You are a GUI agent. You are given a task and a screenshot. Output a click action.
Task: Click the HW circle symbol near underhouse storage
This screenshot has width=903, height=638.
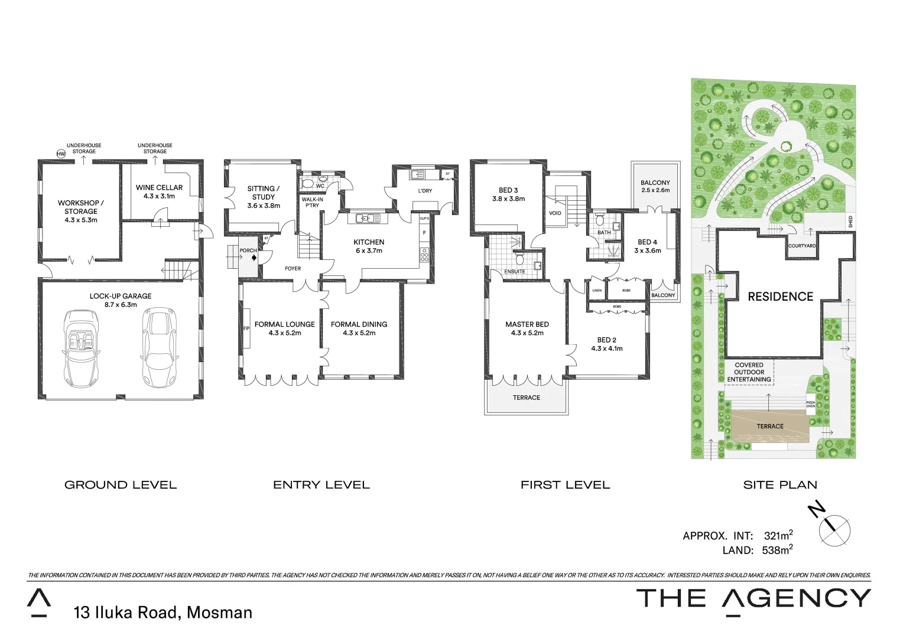pos(60,154)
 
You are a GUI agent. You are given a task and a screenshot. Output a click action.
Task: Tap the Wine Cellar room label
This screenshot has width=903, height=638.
pos(159,192)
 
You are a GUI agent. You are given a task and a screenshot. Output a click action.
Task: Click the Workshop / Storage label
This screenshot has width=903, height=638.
pos(81,211)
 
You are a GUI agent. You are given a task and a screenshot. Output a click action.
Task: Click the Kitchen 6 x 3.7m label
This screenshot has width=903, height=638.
pos(369,246)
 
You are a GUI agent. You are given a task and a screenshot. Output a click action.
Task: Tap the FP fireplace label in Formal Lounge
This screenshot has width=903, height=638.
pos(246,329)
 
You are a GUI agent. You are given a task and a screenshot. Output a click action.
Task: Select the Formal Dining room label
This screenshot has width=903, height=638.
pos(359,328)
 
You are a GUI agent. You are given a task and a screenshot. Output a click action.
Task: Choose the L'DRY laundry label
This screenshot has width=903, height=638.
pos(425,191)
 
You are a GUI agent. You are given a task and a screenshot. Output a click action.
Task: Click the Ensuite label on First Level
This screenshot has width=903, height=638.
pos(514,272)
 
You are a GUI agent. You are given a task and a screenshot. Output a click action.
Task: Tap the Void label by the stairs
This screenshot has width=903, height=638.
pos(555,213)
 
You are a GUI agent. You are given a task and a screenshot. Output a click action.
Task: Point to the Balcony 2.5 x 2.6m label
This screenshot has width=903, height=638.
pos(655,187)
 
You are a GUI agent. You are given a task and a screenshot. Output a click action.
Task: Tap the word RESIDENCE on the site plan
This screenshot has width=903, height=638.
pos(780,297)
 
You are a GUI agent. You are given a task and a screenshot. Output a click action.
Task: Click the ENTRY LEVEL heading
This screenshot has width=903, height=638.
pos(321,485)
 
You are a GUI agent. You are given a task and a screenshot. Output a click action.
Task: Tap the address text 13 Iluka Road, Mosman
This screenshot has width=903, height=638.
pos(163,613)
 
